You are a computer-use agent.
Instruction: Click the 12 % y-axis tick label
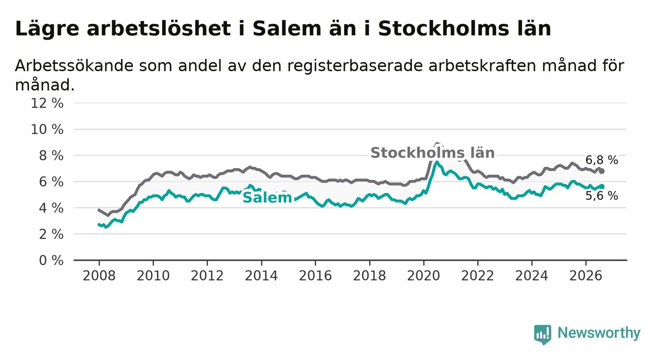click(47, 103)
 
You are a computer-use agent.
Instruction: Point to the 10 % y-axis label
click(47, 129)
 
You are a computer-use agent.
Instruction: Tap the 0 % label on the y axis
click(51, 260)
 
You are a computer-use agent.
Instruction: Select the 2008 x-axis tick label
click(99, 276)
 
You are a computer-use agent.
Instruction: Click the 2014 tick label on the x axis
click(261, 276)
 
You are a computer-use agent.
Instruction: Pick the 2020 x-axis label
click(424, 276)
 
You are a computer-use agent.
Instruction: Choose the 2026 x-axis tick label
click(586, 276)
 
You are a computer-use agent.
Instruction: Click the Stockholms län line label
click(432, 153)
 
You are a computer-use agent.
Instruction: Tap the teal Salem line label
click(268, 198)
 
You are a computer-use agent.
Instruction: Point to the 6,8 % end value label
click(602, 160)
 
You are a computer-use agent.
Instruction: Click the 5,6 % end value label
click(602, 196)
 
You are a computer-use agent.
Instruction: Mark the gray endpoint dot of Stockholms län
click(602, 171)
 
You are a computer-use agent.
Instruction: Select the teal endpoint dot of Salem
click(602, 186)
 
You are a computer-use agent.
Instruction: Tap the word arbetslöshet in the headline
click(159, 29)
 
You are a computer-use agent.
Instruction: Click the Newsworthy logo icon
click(543, 334)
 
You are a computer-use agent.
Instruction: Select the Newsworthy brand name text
click(599, 333)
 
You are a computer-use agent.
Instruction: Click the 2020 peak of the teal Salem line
click(437, 162)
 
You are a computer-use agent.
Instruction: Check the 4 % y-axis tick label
click(51, 208)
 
